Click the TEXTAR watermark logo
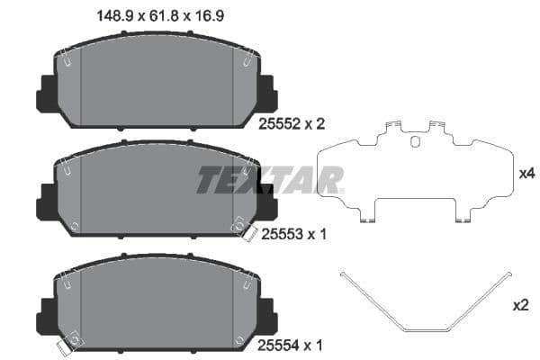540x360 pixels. click(270, 179)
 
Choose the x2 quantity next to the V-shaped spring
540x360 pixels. click(520, 306)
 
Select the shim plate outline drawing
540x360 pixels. click(414, 175)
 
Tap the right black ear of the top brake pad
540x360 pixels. click(266, 94)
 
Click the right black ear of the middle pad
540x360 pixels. click(266, 202)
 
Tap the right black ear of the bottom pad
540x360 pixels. click(266, 313)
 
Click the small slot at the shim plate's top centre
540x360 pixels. click(414, 140)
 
